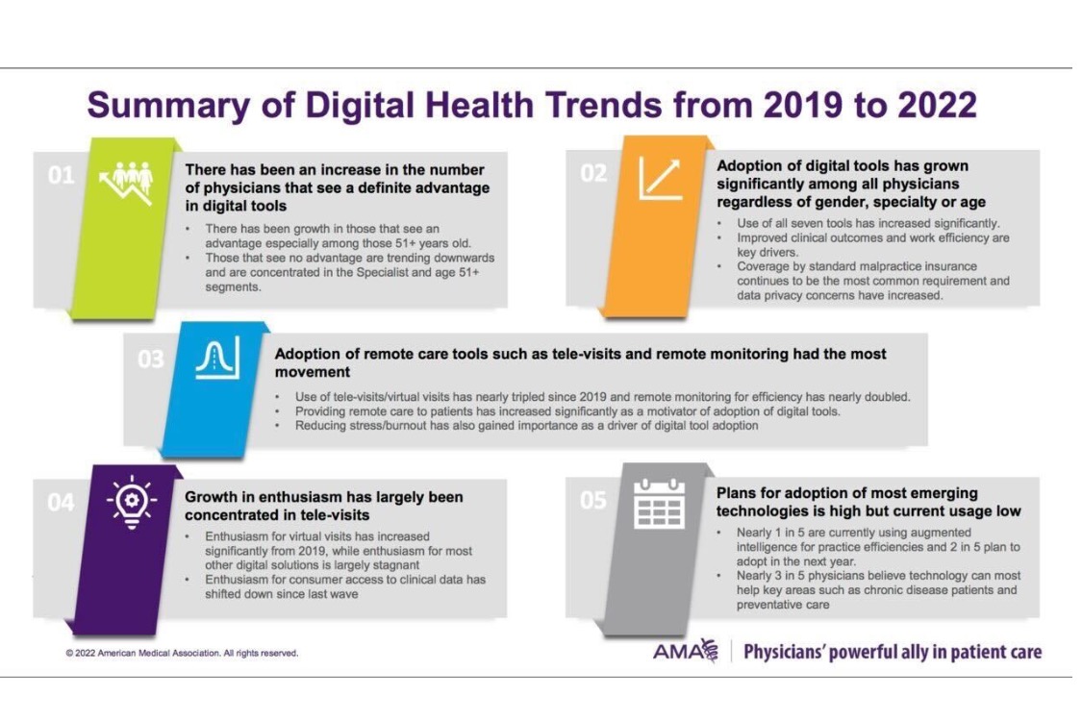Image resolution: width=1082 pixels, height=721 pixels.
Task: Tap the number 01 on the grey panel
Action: pos(60,176)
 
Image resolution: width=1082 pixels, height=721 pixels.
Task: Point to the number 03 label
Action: pos(150,360)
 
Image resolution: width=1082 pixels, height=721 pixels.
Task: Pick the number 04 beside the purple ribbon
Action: pos(60,502)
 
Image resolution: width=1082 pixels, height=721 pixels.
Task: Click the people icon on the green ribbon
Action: pos(127,181)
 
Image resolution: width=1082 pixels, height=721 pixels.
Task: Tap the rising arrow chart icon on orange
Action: pos(660,178)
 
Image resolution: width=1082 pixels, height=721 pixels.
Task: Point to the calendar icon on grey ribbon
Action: pos(659,505)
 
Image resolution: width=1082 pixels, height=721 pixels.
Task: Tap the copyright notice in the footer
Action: pos(182,653)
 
